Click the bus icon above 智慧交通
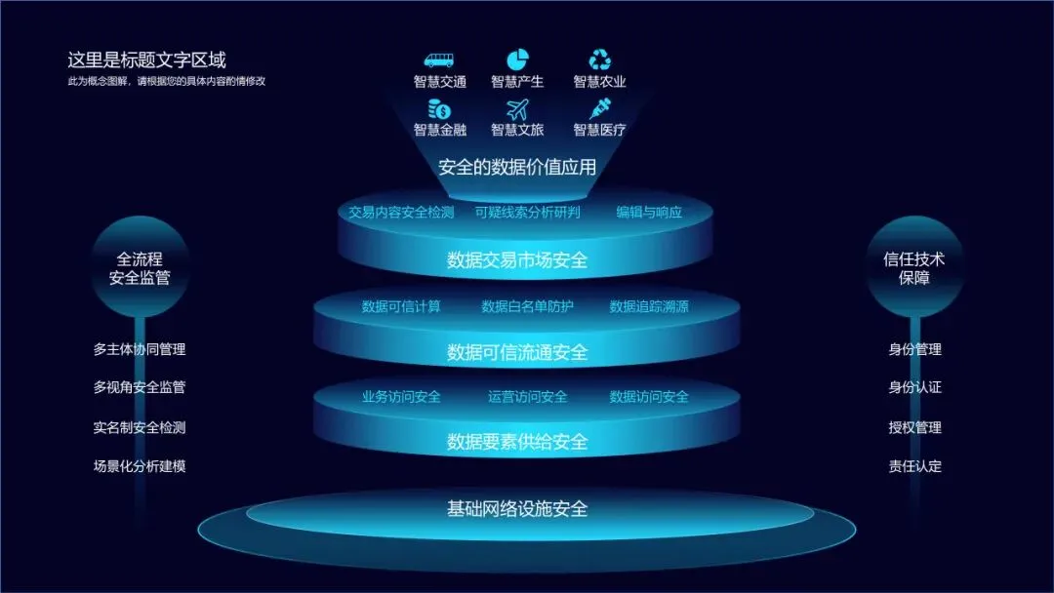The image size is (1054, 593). (439, 60)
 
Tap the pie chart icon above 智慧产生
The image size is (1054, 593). (517, 60)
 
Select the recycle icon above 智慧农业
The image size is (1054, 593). (599, 60)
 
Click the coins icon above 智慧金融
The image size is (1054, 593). (439, 109)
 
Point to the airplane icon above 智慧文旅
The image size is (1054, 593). (517, 109)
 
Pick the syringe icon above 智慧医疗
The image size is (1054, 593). (599, 109)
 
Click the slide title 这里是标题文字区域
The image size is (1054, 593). (146, 60)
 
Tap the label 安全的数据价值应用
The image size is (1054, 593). (517, 167)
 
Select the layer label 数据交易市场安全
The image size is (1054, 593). (517, 260)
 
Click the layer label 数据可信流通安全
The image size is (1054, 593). (517, 352)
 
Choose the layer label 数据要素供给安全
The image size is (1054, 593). (517, 442)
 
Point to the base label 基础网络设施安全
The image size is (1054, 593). (517, 508)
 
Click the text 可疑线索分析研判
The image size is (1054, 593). (528, 212)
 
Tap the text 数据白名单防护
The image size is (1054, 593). (527, 306)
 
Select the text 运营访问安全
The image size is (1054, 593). (527, 397)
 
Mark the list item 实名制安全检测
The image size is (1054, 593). (140, 427)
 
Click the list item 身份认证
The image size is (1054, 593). (914, 387)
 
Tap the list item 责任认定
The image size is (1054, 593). (914, 466)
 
